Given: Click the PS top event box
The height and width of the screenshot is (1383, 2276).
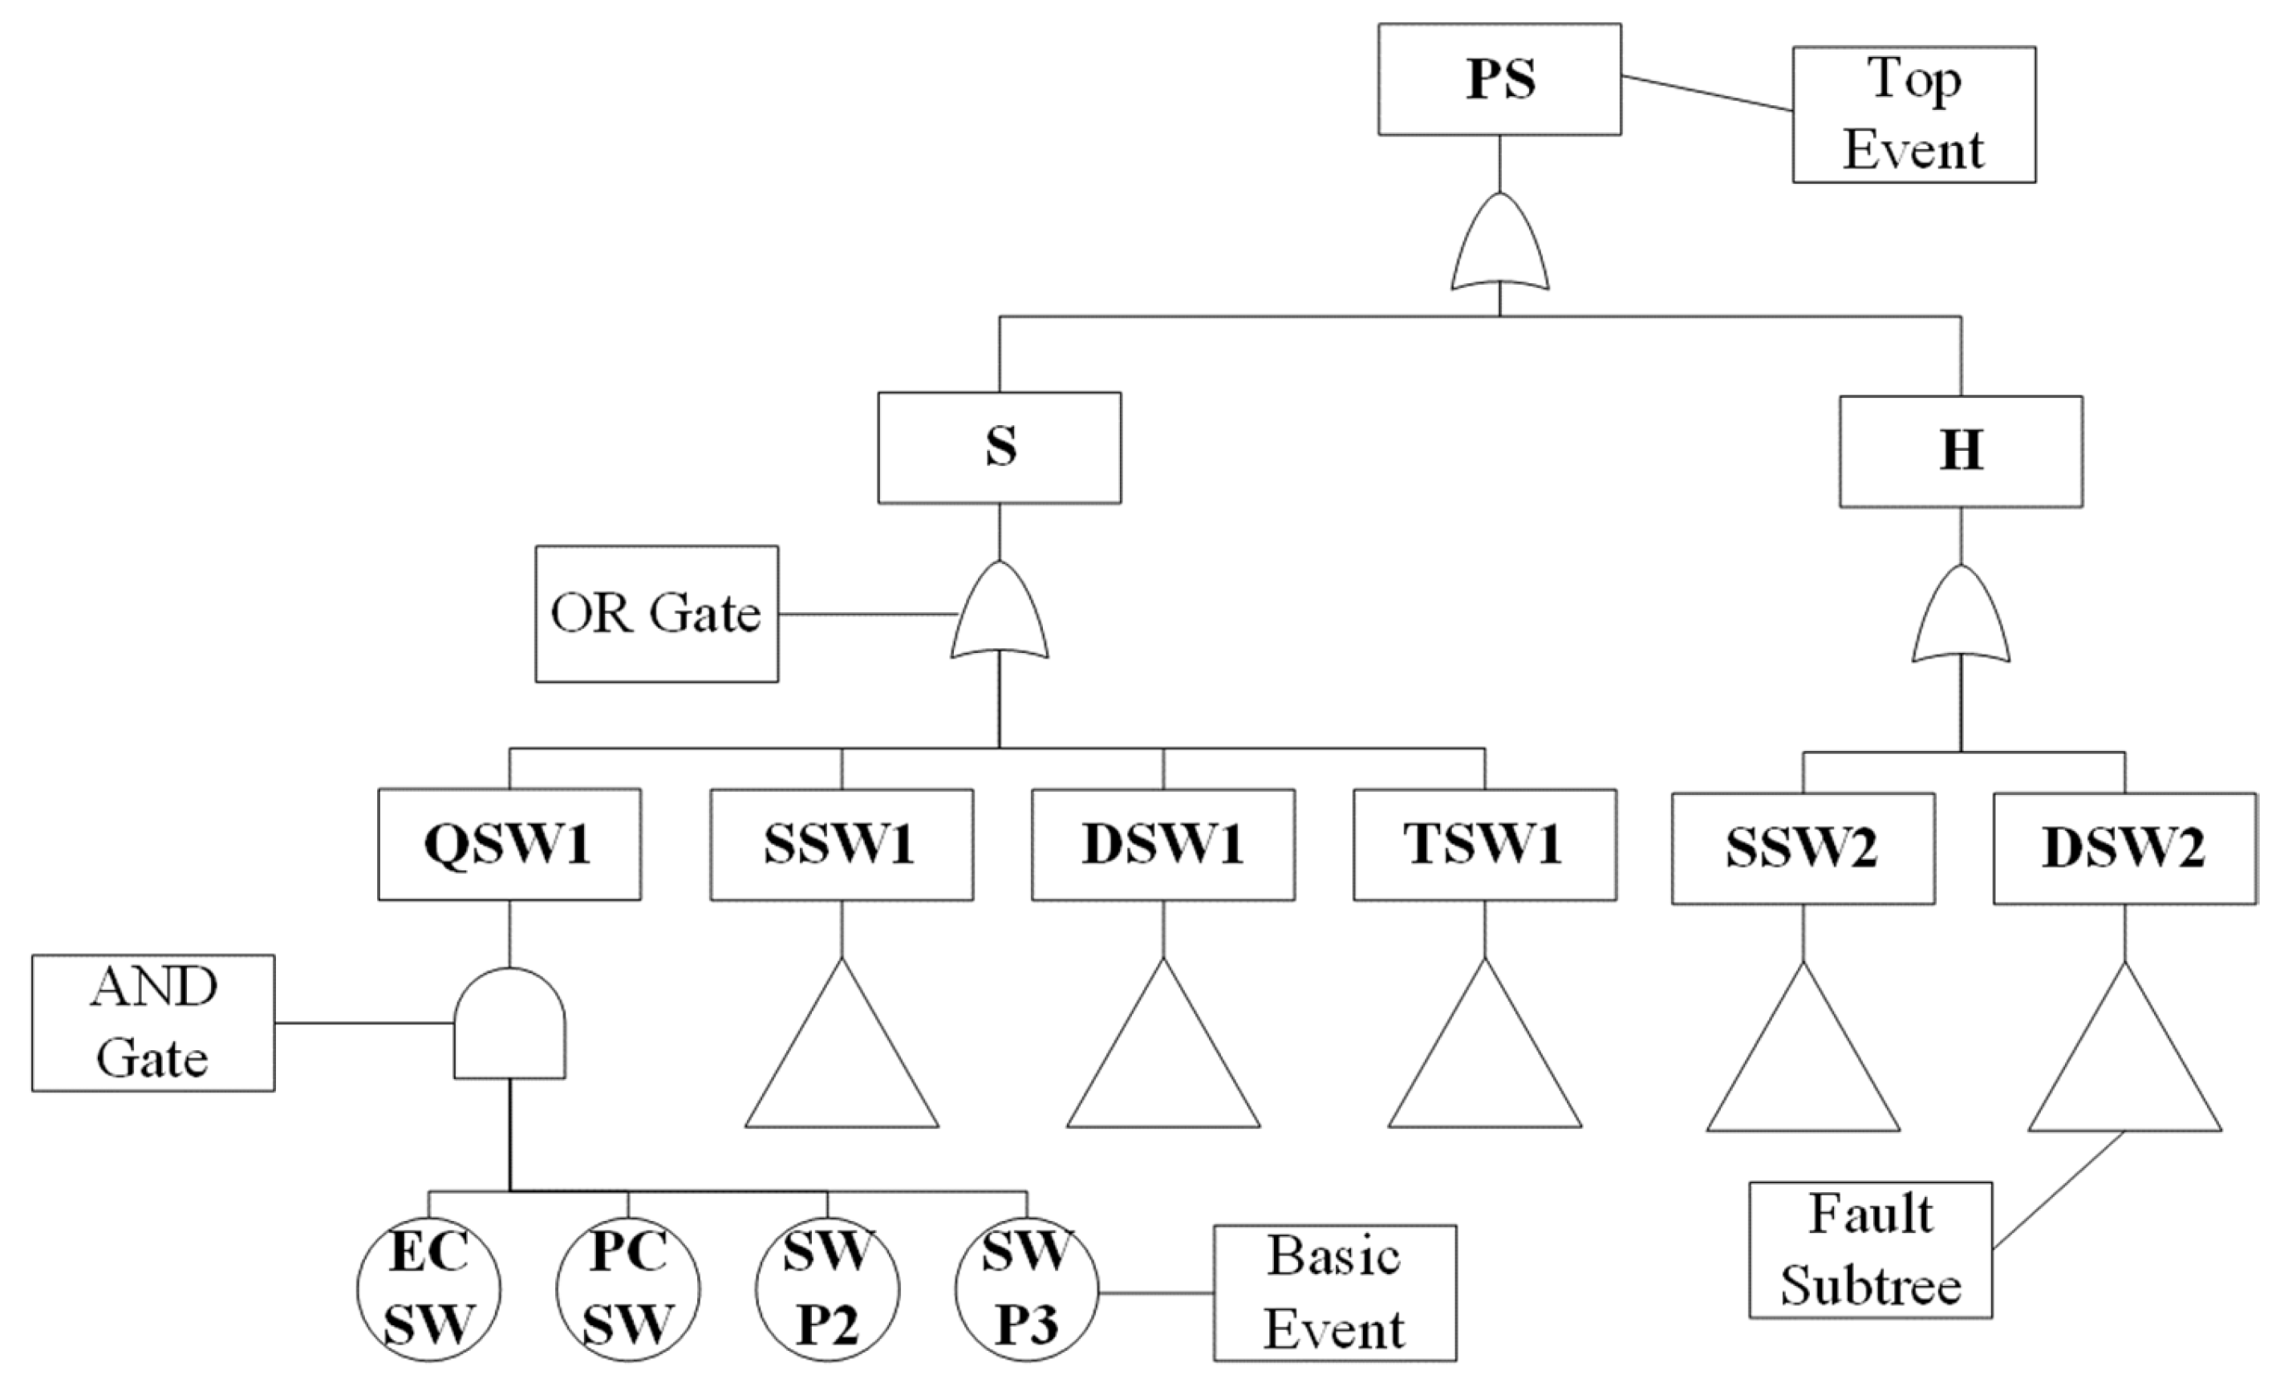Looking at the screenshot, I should [x=1499, y=79].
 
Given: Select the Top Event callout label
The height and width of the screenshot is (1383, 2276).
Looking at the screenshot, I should [x=1914, y=115].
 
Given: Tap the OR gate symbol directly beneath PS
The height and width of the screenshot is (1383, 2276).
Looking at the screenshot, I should [x=1499, y=245].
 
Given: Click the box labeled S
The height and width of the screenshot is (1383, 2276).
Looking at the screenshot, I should [x=1000, y=448].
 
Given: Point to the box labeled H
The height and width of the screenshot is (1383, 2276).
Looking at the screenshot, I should [x=1961, y=452].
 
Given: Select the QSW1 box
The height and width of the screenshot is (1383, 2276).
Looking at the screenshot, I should [x=509, y=845].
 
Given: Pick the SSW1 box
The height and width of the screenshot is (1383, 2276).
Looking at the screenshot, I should [x=842, y=845].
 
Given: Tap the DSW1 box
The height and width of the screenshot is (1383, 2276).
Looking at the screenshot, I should [x=1163, y=845].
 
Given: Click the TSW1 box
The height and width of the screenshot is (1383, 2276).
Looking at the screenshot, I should [x=1484, y=845].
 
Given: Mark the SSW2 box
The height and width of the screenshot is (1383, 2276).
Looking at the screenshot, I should [x=1803, y=848].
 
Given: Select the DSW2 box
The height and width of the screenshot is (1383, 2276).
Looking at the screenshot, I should [x=2124, y=848].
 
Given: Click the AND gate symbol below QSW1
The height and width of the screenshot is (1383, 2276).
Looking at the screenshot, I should [x=509, y=1025].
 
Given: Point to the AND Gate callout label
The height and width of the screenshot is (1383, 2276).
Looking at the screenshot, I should [x=153, y=1023].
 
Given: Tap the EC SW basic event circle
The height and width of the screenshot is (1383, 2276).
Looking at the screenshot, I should [x=428, y=1289].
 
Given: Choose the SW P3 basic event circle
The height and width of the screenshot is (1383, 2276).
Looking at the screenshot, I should [x=1026, y=1289].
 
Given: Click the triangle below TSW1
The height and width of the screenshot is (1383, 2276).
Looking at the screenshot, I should [x=1484, y=1062].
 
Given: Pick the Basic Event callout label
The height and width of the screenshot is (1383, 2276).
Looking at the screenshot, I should [x=1335, y=1293].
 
